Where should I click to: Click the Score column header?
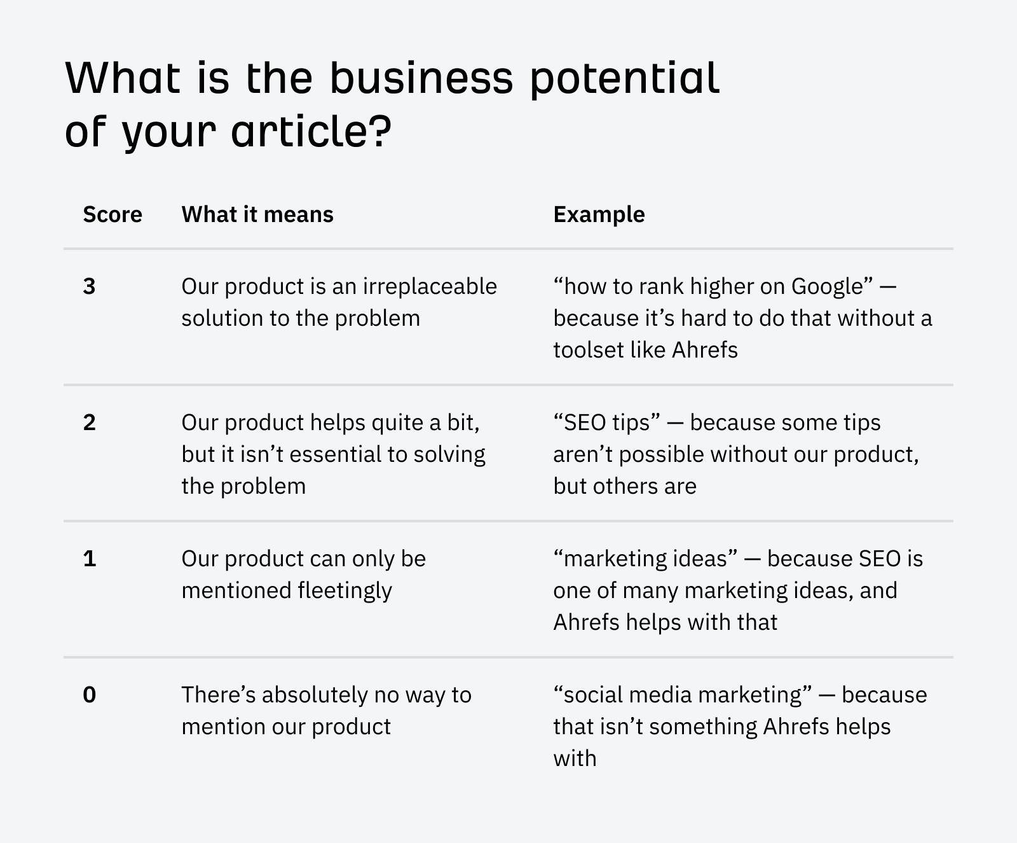click(113, 214)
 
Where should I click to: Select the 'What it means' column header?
click(257, 214)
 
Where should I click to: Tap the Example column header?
click(599, 214)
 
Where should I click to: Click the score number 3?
click(89, 286)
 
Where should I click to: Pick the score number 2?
click(89, 422)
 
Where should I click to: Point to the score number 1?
click(89, 559)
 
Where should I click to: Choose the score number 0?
click(89, 695)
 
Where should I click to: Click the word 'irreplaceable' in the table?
click(430, 286)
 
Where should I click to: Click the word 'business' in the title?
click(421, 78)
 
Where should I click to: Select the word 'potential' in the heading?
click(625, 78)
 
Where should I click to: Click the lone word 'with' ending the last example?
click(575, 758)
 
